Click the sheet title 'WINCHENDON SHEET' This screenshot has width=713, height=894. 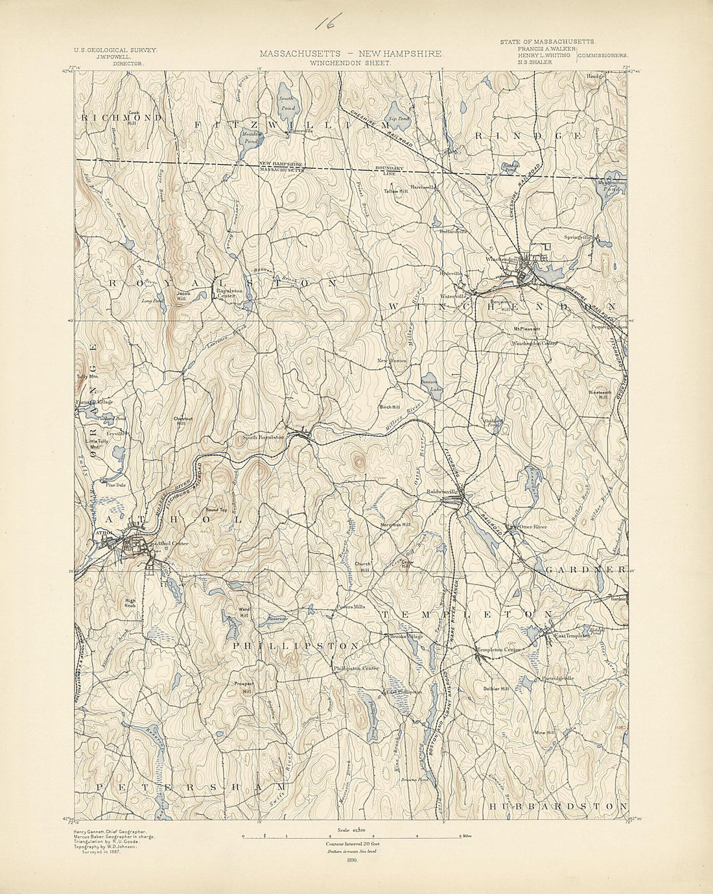point(351,64)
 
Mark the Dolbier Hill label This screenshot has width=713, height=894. point(497,689)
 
